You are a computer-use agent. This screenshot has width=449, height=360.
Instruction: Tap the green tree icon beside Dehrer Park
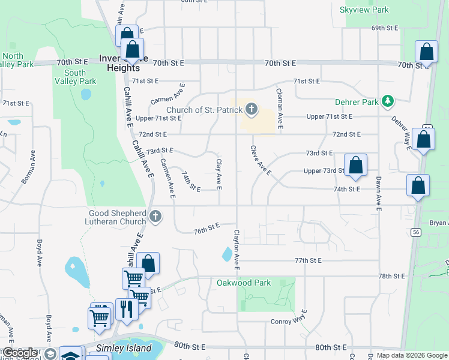click(x=388, y=101)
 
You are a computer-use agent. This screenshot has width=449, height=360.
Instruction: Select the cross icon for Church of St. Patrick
click(x=251, y=109)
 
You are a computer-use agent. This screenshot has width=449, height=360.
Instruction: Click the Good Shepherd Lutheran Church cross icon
click(x=155, y=217)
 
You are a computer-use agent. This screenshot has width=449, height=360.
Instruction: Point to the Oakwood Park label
click(x=244, y=283)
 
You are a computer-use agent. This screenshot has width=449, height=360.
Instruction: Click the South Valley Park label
click(x=75, y=77)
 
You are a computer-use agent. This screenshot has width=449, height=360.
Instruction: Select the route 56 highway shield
click(x=415, y=232)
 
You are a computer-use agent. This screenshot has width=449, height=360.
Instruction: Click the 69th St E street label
click(x=385, y=28)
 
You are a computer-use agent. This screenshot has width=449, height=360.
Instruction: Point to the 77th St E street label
click(x=308, y=260)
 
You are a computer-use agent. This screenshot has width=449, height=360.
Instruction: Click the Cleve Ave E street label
click(x=261, y=160)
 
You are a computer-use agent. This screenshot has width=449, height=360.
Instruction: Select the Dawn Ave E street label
click(x=379, y=193)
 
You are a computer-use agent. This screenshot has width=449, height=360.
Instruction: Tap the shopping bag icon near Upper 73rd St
click(x=355, y=166)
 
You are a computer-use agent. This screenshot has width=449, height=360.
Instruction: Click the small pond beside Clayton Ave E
click(x=227, y=254)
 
